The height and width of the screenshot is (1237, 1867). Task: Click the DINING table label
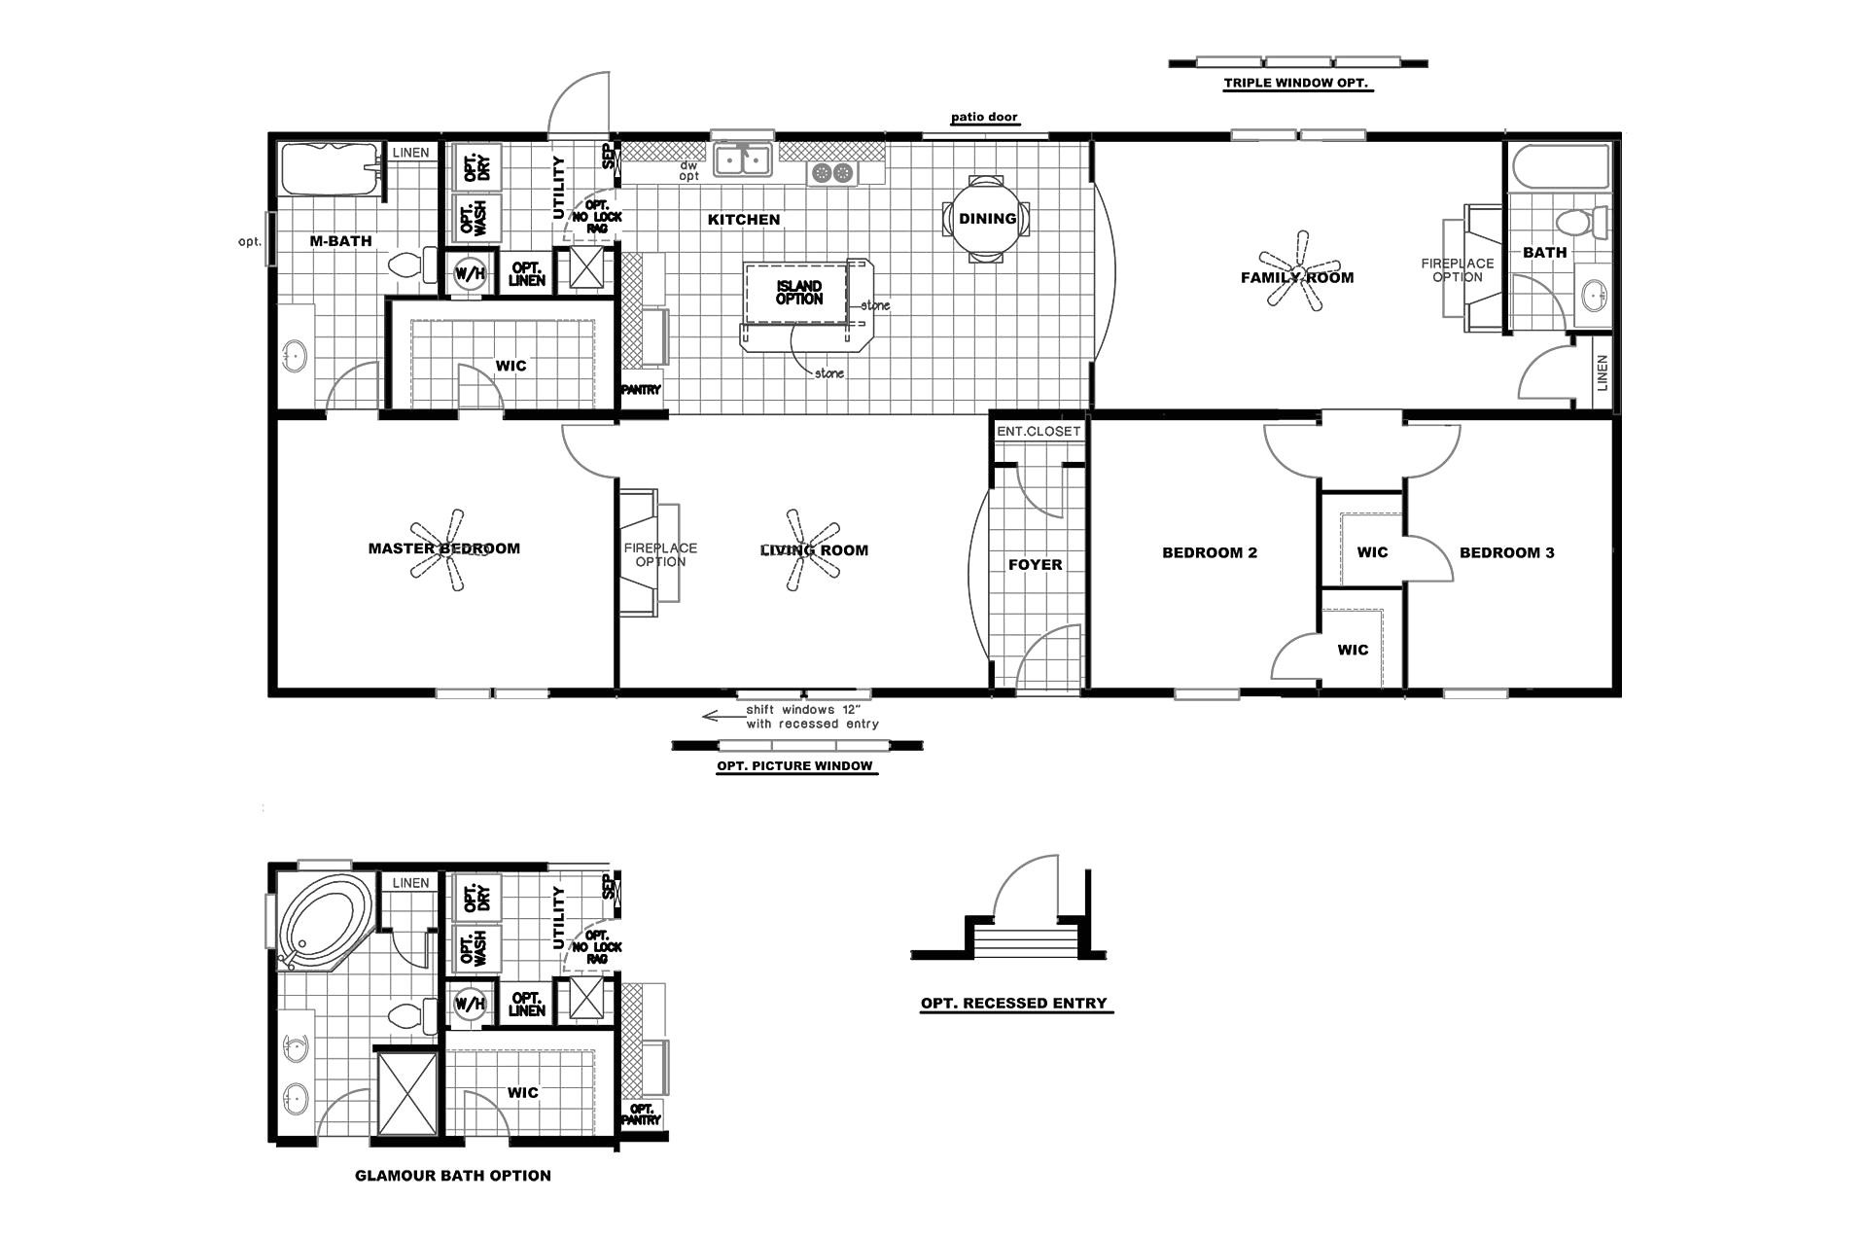coord(987,219)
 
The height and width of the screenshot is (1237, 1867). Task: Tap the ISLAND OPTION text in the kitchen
coord(798,293)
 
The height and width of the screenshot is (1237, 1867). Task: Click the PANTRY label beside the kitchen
coord(641,390)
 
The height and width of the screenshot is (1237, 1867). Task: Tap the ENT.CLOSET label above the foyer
coord(1038,431)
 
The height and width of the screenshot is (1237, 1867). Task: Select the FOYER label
coord(1035,565)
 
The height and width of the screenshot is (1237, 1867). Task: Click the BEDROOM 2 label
coord(1209,553)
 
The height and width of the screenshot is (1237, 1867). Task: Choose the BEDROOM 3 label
coord(1506,553)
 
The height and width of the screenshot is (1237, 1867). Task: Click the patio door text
coord(984,118)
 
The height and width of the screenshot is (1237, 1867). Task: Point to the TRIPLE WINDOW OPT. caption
coord(1296,84)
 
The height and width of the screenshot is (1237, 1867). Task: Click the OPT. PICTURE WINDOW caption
coord(794,766)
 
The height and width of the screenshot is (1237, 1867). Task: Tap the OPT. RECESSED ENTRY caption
coord(1013,1004)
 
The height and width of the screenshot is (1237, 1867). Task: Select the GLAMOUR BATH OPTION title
coord(452,1176)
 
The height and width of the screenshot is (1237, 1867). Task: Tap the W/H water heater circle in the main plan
coord(470,274)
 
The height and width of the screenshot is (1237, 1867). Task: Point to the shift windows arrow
coord(721,717)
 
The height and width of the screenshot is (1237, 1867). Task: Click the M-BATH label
coord(340,241)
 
